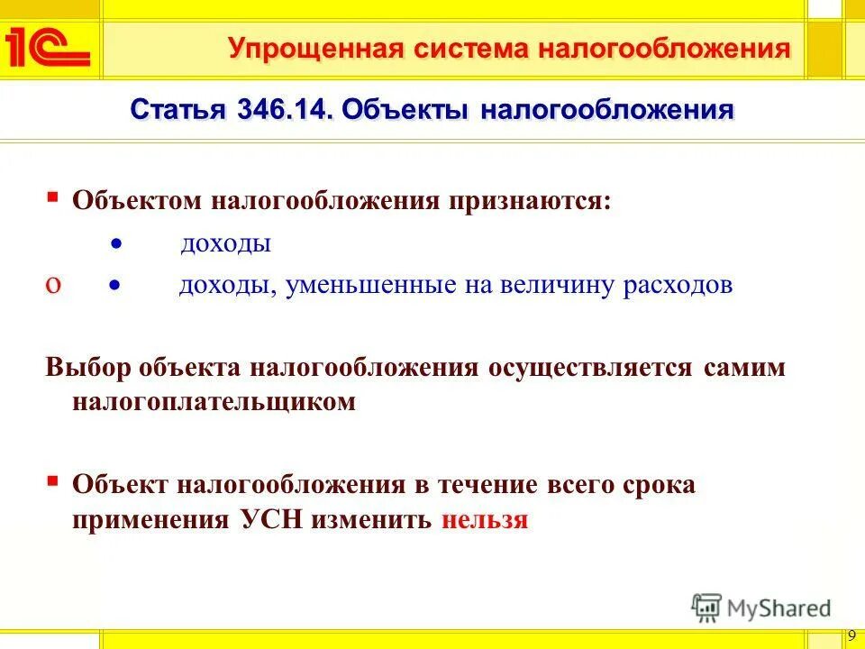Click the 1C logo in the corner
(x=48, y=47)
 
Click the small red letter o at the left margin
(x=53, y=285)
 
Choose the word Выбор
(x=88, y=368)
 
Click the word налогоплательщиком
(x=214, y=402)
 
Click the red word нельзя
(x=484, y=520)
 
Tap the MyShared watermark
(x=761, y=608)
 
